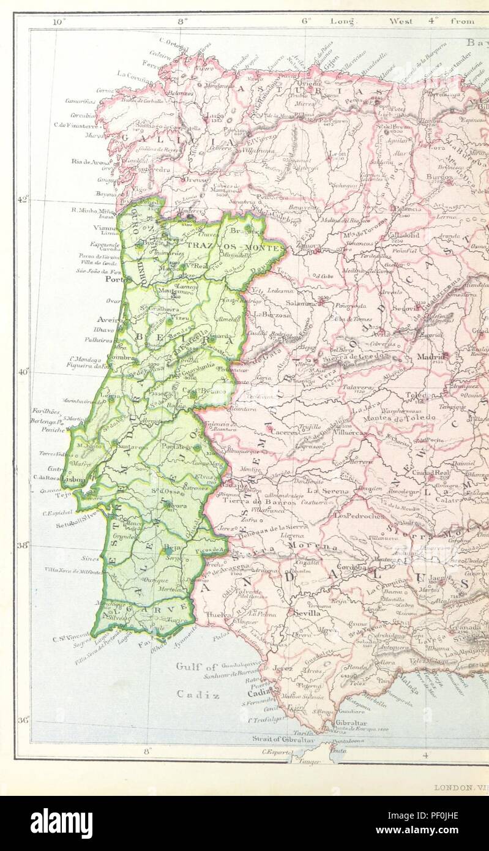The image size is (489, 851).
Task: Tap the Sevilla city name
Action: (x=307, y=613)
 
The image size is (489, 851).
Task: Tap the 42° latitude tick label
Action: (x=23, y=200)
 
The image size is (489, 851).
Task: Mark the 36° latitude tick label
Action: (x=23, y=721)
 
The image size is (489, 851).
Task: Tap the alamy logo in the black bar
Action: (x=61, y=823)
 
